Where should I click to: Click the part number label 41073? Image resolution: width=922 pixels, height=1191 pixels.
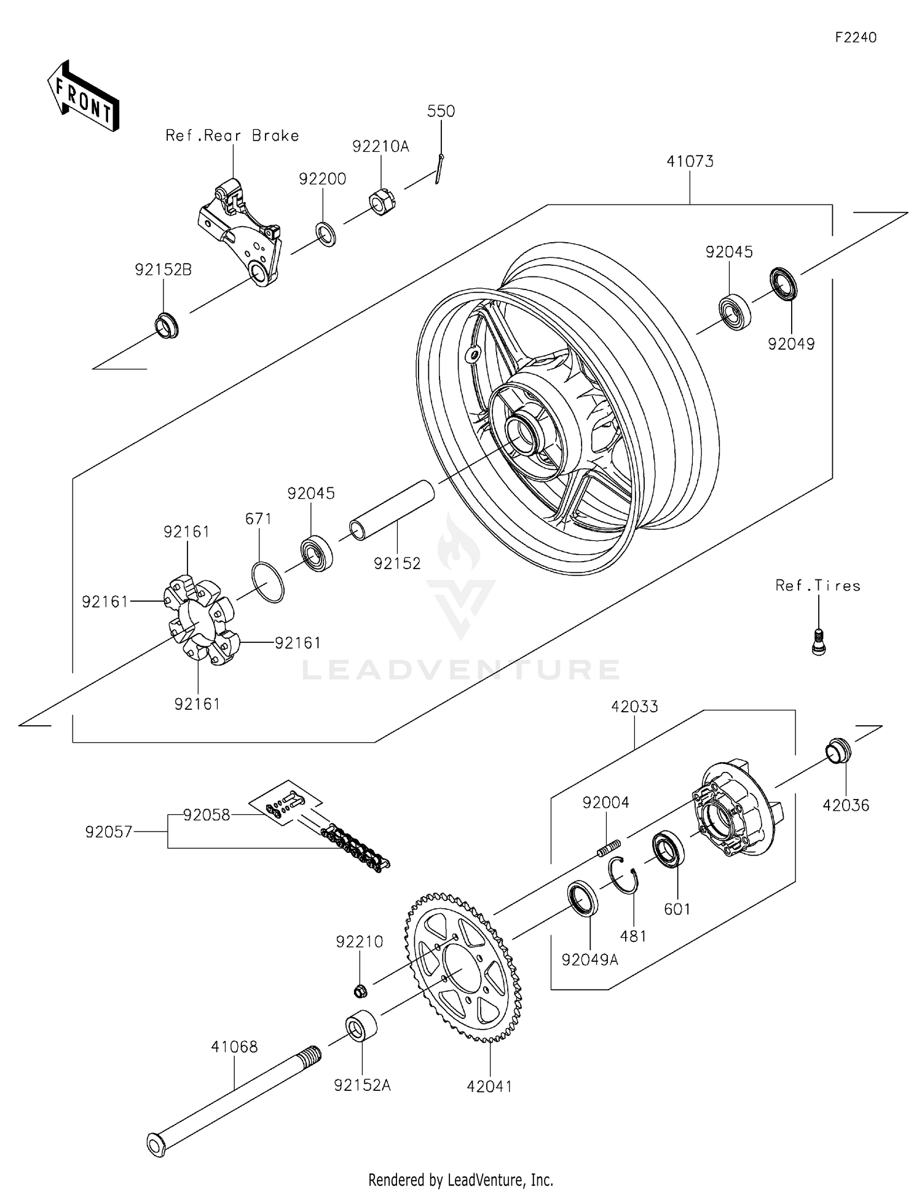point(690,162)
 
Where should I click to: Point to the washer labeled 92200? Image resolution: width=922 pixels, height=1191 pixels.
point(326,234)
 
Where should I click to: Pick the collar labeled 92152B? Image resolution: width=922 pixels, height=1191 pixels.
point(166,325)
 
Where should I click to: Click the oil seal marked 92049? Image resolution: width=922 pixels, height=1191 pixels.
point(784,283)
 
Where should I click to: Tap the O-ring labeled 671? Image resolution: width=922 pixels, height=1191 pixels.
point(268,581)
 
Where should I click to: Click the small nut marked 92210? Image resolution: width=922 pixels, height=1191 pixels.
point(360,990)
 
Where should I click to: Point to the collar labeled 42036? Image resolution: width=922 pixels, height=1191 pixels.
point(838,750)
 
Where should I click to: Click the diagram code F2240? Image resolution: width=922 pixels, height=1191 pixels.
point(856,37)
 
